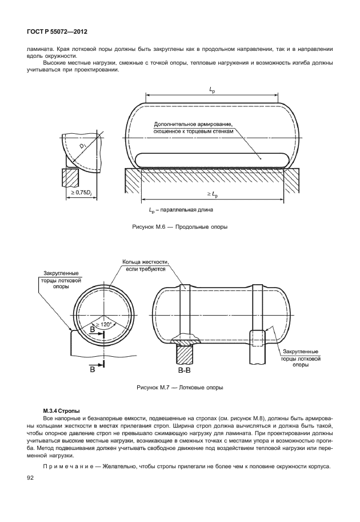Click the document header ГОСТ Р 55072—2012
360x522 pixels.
53,33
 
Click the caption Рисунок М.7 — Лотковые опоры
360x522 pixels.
179,387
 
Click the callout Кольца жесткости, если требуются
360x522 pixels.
145,265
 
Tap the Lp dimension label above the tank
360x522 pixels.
212,90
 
